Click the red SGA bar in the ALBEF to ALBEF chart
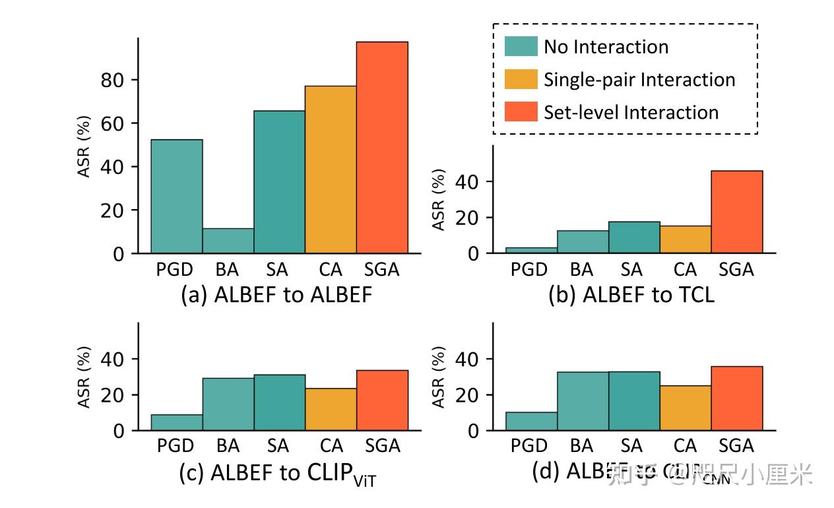point(382,147)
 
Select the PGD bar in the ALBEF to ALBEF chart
point(177,196)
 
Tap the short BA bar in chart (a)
point(228,241)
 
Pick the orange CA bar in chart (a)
point(331,170)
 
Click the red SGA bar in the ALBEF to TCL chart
point(737,212)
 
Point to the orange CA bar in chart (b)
point(686,239)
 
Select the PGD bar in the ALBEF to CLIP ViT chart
point(177,422)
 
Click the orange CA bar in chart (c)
point(331,409)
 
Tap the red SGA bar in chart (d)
point(737,398)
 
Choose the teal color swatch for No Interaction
point(521,46)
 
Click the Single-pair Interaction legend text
point(639,79)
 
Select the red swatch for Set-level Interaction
point(521,111)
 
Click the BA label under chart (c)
point(228,446)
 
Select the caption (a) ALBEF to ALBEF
point(276,295)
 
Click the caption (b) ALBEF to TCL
point(631,295)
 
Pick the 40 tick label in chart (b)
point(467,181)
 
